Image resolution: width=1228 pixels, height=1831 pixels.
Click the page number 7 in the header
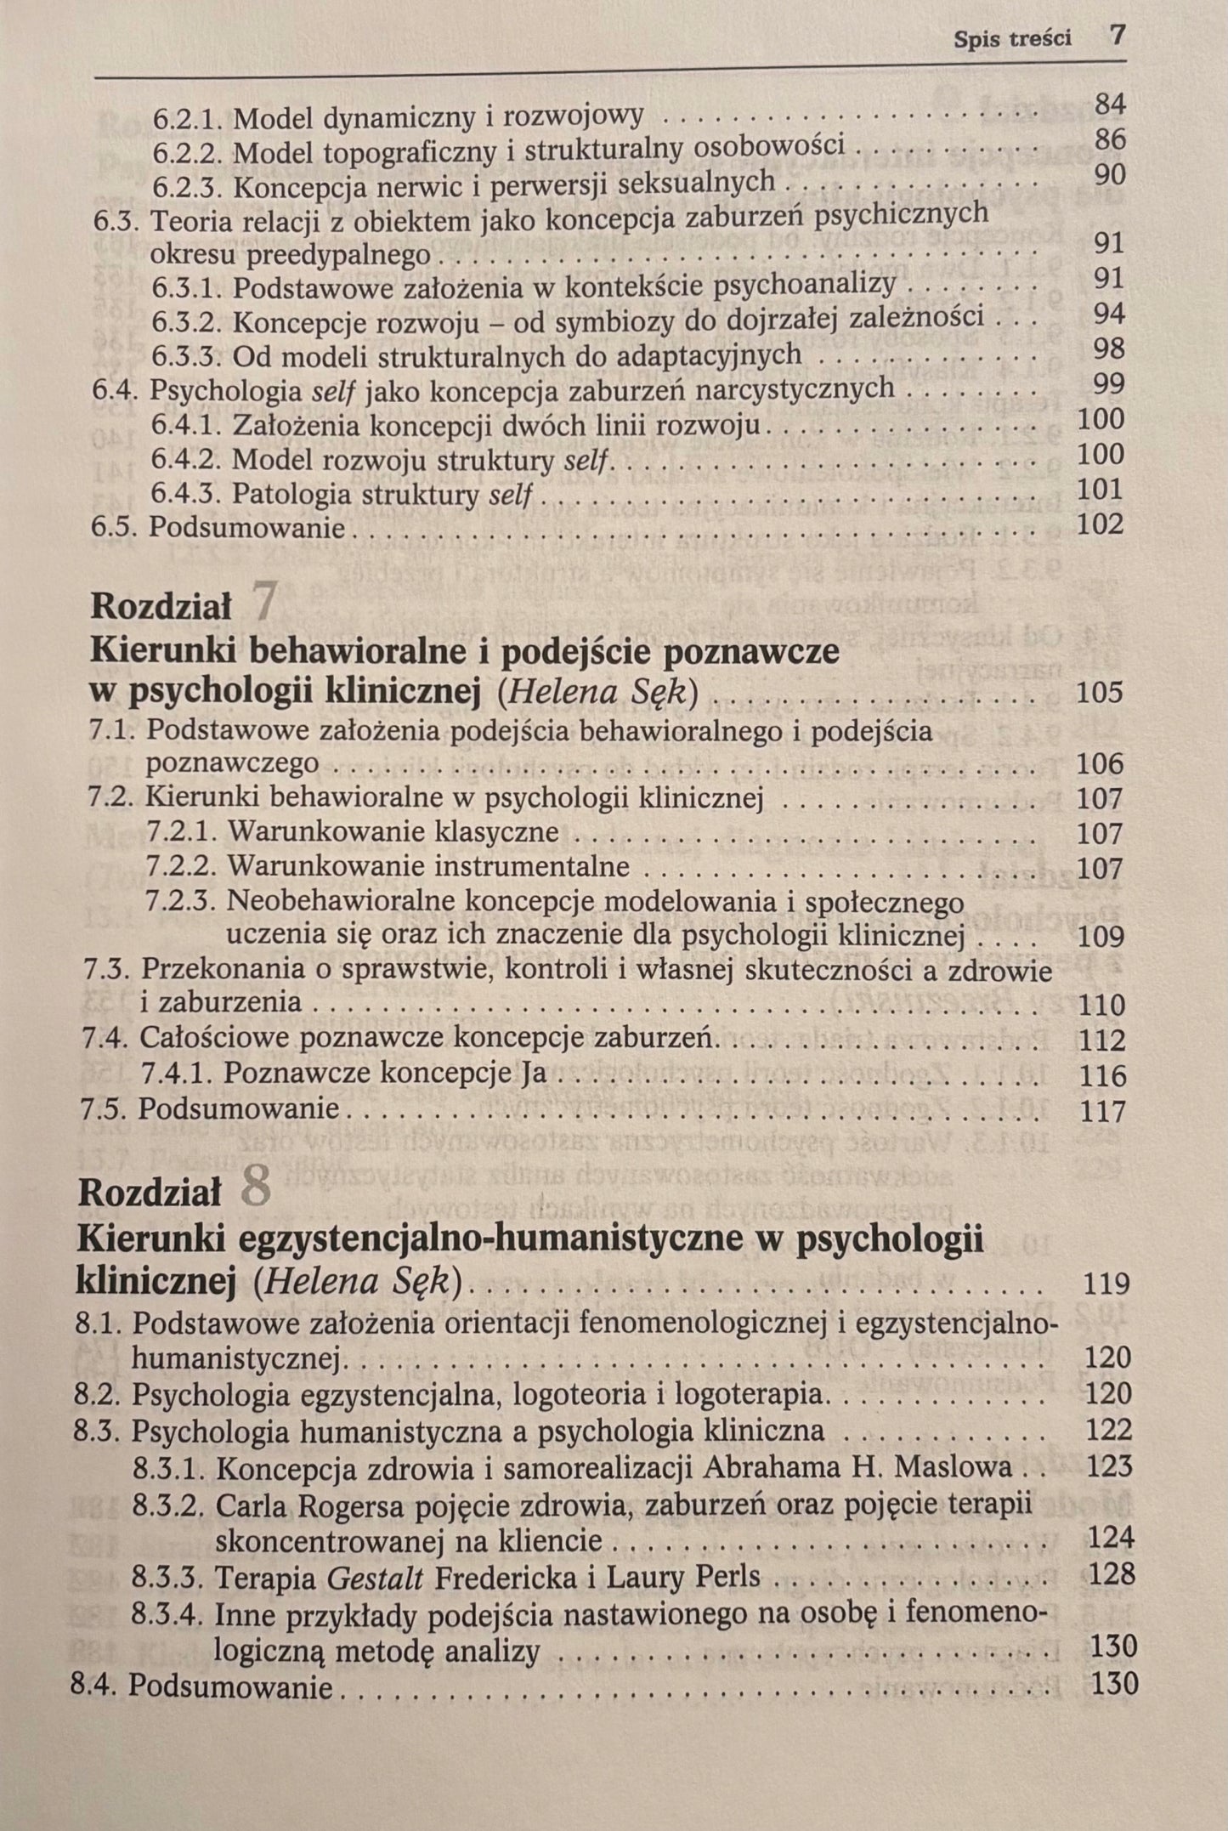click(x=1117, y=37)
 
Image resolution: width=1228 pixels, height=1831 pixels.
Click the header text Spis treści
click(x=1012, y=39)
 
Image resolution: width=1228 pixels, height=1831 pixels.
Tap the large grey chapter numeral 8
click(x=256, y=1188)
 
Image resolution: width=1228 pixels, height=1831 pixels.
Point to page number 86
click(x=1110, y=140)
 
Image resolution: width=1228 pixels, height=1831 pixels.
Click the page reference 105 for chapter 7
click(x=1099, y=693)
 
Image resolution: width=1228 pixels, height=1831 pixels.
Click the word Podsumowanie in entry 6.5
click(x=247, y=528)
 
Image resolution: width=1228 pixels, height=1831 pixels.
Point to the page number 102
click(x=1100, y=524)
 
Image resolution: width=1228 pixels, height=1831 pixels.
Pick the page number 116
click(x=1101, y=1076)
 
